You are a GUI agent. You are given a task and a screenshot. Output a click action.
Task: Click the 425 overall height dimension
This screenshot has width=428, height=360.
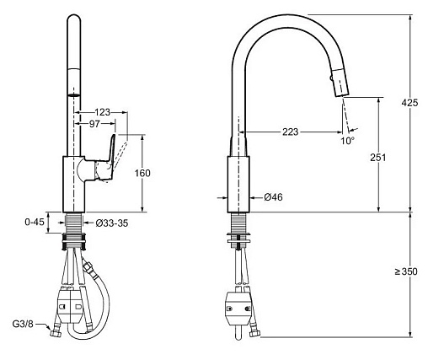tap(409, 103)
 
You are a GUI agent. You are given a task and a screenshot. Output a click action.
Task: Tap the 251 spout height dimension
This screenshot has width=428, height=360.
tap(377, 158)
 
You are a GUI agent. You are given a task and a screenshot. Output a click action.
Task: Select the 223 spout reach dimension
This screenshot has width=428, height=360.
tap(290, 132)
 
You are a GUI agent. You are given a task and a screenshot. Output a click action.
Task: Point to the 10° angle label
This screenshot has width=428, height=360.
tap(347, 141)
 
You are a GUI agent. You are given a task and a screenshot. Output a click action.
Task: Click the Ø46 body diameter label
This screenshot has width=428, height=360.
tap(273, 197)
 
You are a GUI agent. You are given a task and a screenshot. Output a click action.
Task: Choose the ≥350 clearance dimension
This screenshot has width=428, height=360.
tap(406, 271)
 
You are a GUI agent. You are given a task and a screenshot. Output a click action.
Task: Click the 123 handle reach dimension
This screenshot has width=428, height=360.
tap(102, 112)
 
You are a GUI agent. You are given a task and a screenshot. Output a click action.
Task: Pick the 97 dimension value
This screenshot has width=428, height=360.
tap(94, 123)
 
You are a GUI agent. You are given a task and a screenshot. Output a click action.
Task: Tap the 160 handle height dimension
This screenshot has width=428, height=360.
tap(142, 173)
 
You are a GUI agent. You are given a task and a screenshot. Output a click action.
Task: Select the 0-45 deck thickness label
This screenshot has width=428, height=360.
tap(35, 222)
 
